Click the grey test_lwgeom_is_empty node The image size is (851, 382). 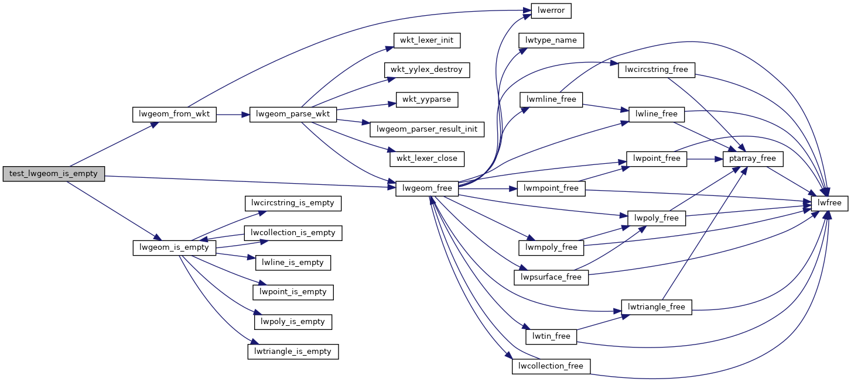click(x=53, y=174)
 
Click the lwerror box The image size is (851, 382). click(x=551, y=11)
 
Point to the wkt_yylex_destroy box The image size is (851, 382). click(x=426, y=70)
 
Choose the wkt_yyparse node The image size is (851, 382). click(x=426, y=99)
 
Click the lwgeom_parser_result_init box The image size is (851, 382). click(x=427, y=129)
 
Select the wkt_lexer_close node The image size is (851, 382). click(x=426, y=159)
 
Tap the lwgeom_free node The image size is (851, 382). click(x=428, y=188)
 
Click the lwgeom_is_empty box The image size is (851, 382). click(x=175, y=247)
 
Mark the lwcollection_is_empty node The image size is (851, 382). click(x=293, y=233)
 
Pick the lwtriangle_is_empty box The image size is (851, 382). click(x=293, y=352)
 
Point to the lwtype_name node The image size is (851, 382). click(x=551, y=40)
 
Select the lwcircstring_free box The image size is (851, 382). click(x=657, y=70)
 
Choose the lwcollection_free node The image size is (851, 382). click(x=551, y=366)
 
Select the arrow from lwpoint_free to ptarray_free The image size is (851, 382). click(x=705, y=159)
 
